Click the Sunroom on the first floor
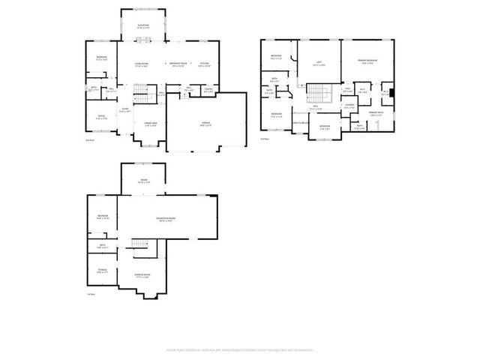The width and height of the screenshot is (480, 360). [142, 28]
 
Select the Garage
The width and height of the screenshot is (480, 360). [205, 123]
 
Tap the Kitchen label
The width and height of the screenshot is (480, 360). [204, 65]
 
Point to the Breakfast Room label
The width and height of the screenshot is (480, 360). [177, 65]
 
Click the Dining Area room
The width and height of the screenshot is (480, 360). [150, 124]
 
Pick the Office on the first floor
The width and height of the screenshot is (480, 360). [101, 117]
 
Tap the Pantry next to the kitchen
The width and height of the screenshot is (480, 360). [209, 91]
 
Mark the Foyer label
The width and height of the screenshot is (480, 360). [125, 109]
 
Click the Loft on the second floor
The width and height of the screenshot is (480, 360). [318, 64]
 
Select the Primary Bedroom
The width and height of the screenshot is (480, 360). [368, 62]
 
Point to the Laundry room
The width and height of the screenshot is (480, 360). [349, 106]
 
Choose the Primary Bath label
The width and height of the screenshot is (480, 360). [376, 115]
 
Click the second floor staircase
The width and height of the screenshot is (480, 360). [319, 94]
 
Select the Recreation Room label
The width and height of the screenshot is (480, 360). [166, 219]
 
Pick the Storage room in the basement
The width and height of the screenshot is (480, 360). [102, 271]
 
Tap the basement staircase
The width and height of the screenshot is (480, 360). [140, 246]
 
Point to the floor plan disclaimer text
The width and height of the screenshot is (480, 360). [240, 349]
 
